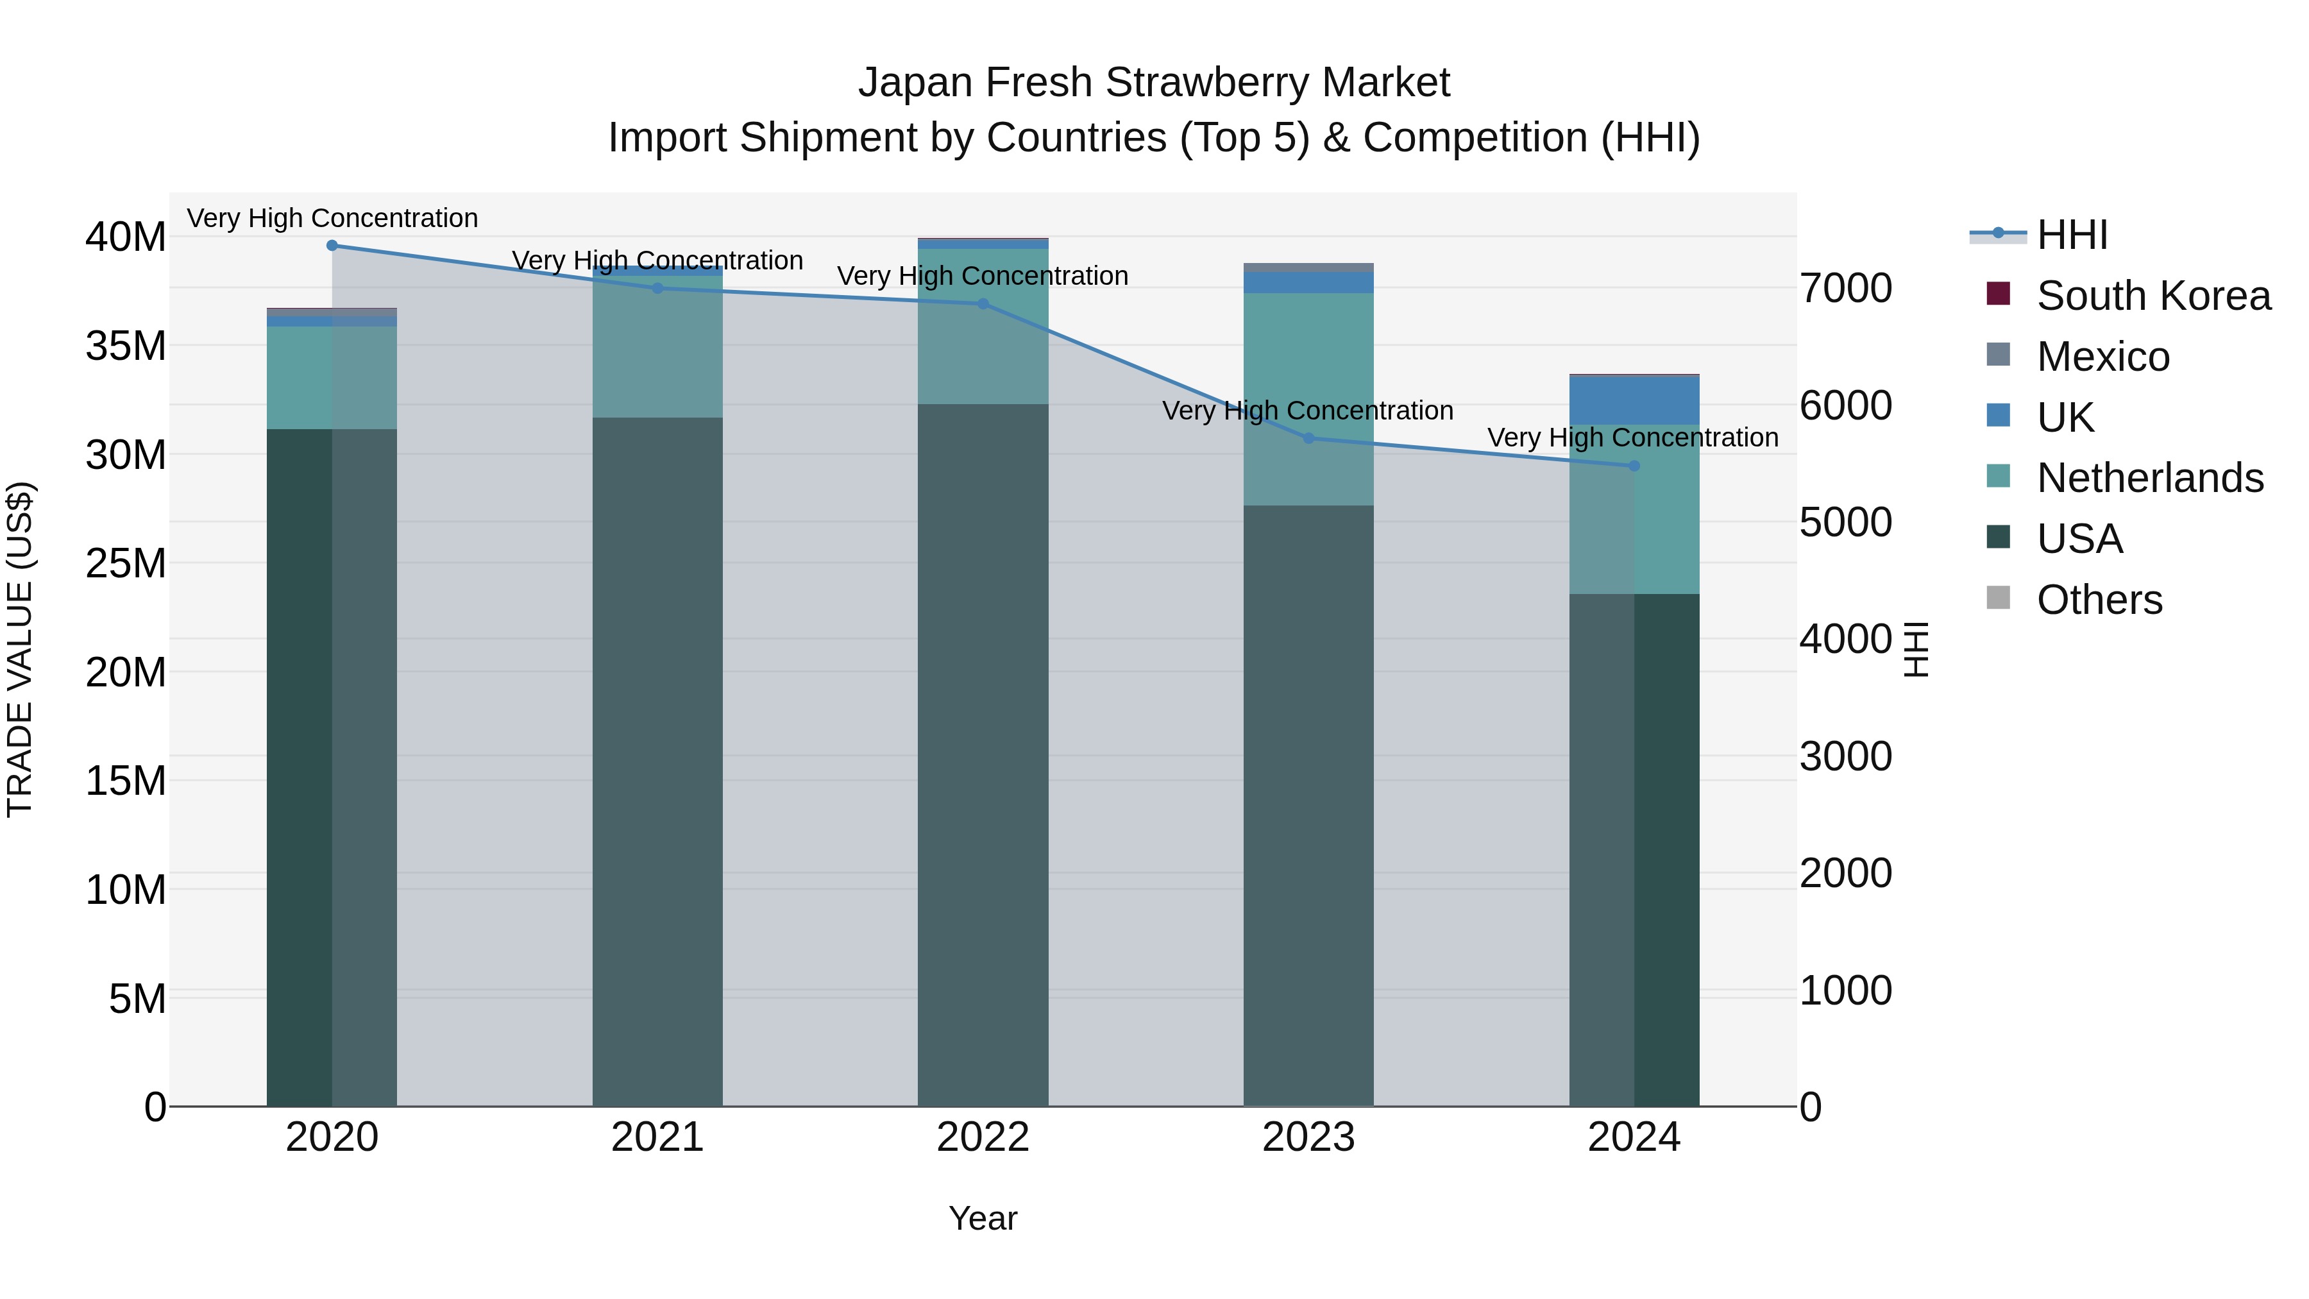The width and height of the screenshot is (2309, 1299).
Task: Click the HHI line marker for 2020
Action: pos(332,246)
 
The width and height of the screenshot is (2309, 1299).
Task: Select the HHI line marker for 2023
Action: pos(1308,438)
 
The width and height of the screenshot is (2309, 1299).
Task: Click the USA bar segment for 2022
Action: pos(983,753)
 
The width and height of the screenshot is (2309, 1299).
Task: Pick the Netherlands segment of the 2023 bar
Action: pos(1308,399)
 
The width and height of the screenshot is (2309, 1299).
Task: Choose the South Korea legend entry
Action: pos(2153,296)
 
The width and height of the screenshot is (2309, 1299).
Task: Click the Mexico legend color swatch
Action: pos(1998,355)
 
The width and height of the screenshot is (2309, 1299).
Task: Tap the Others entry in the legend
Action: pos(2099,600)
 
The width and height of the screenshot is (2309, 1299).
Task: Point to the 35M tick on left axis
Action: pos(126,346)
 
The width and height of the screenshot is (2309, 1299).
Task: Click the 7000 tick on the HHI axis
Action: pos(1845,289)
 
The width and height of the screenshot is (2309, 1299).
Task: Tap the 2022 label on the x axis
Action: pos(983,1137)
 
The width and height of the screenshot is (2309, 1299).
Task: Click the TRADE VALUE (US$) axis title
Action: pos(20,649)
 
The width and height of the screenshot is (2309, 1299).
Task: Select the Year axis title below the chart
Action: pos(983,1218)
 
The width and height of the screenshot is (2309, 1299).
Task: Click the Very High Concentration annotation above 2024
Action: pos(1632,437)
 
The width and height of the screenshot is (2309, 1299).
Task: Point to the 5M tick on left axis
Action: pos(137,999)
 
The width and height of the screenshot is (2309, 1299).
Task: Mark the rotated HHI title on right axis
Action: pos(1915,649)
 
